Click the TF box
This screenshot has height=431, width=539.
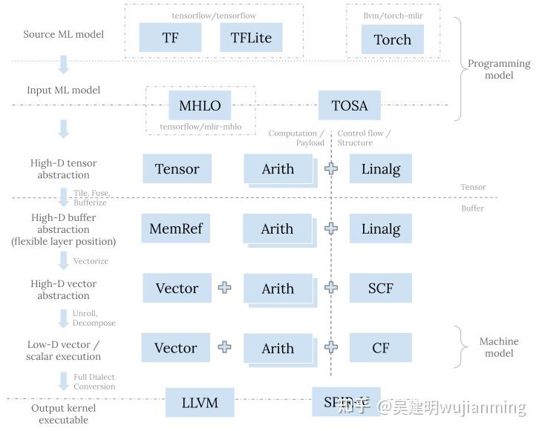pyautogui.click(x=170, y=38)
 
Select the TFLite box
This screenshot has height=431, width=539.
pyautogui.click(x=251, y=38)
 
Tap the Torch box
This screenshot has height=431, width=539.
pyautogui.click(x=392, y=39)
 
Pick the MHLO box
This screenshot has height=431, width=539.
pyautogui.click(x=200, y=105)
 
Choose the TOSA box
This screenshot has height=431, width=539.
pyautogui.click(x=349, y=105)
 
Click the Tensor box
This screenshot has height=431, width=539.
pyautogui.click(x=177, y=169)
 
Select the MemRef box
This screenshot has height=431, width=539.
pyautogui.click(x=175, y=228)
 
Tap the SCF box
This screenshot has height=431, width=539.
pyautogui.click(x=380, y=288)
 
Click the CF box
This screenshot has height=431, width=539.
pyautogui.click(x=380, y=347)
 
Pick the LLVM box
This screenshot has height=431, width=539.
pyautogui.click(x=200, y=403)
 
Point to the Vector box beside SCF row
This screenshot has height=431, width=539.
pyautogui.click(x=177, y=288)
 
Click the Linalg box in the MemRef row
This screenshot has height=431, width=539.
pyautogui.click(x=380, y=228)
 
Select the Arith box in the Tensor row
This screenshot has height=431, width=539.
pyautogui.click(x=277, y=169)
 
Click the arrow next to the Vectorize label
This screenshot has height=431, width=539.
pyautogui.click(x=63, y=260)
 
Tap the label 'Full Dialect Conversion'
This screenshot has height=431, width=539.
pyautogui.click(x=94, y=381)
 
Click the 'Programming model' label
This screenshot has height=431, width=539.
pyautogui.click(x=499, y=69)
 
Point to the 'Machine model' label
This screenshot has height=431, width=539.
pyautogui.click(x=499, y=347)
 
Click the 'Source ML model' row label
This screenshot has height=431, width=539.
pyautogui.click(x=63, y=34)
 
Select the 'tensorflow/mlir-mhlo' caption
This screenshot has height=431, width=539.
pyautogui.click(x=200, y=127)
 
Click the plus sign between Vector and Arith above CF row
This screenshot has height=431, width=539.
pyautogui.click(x=224, y=347)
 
